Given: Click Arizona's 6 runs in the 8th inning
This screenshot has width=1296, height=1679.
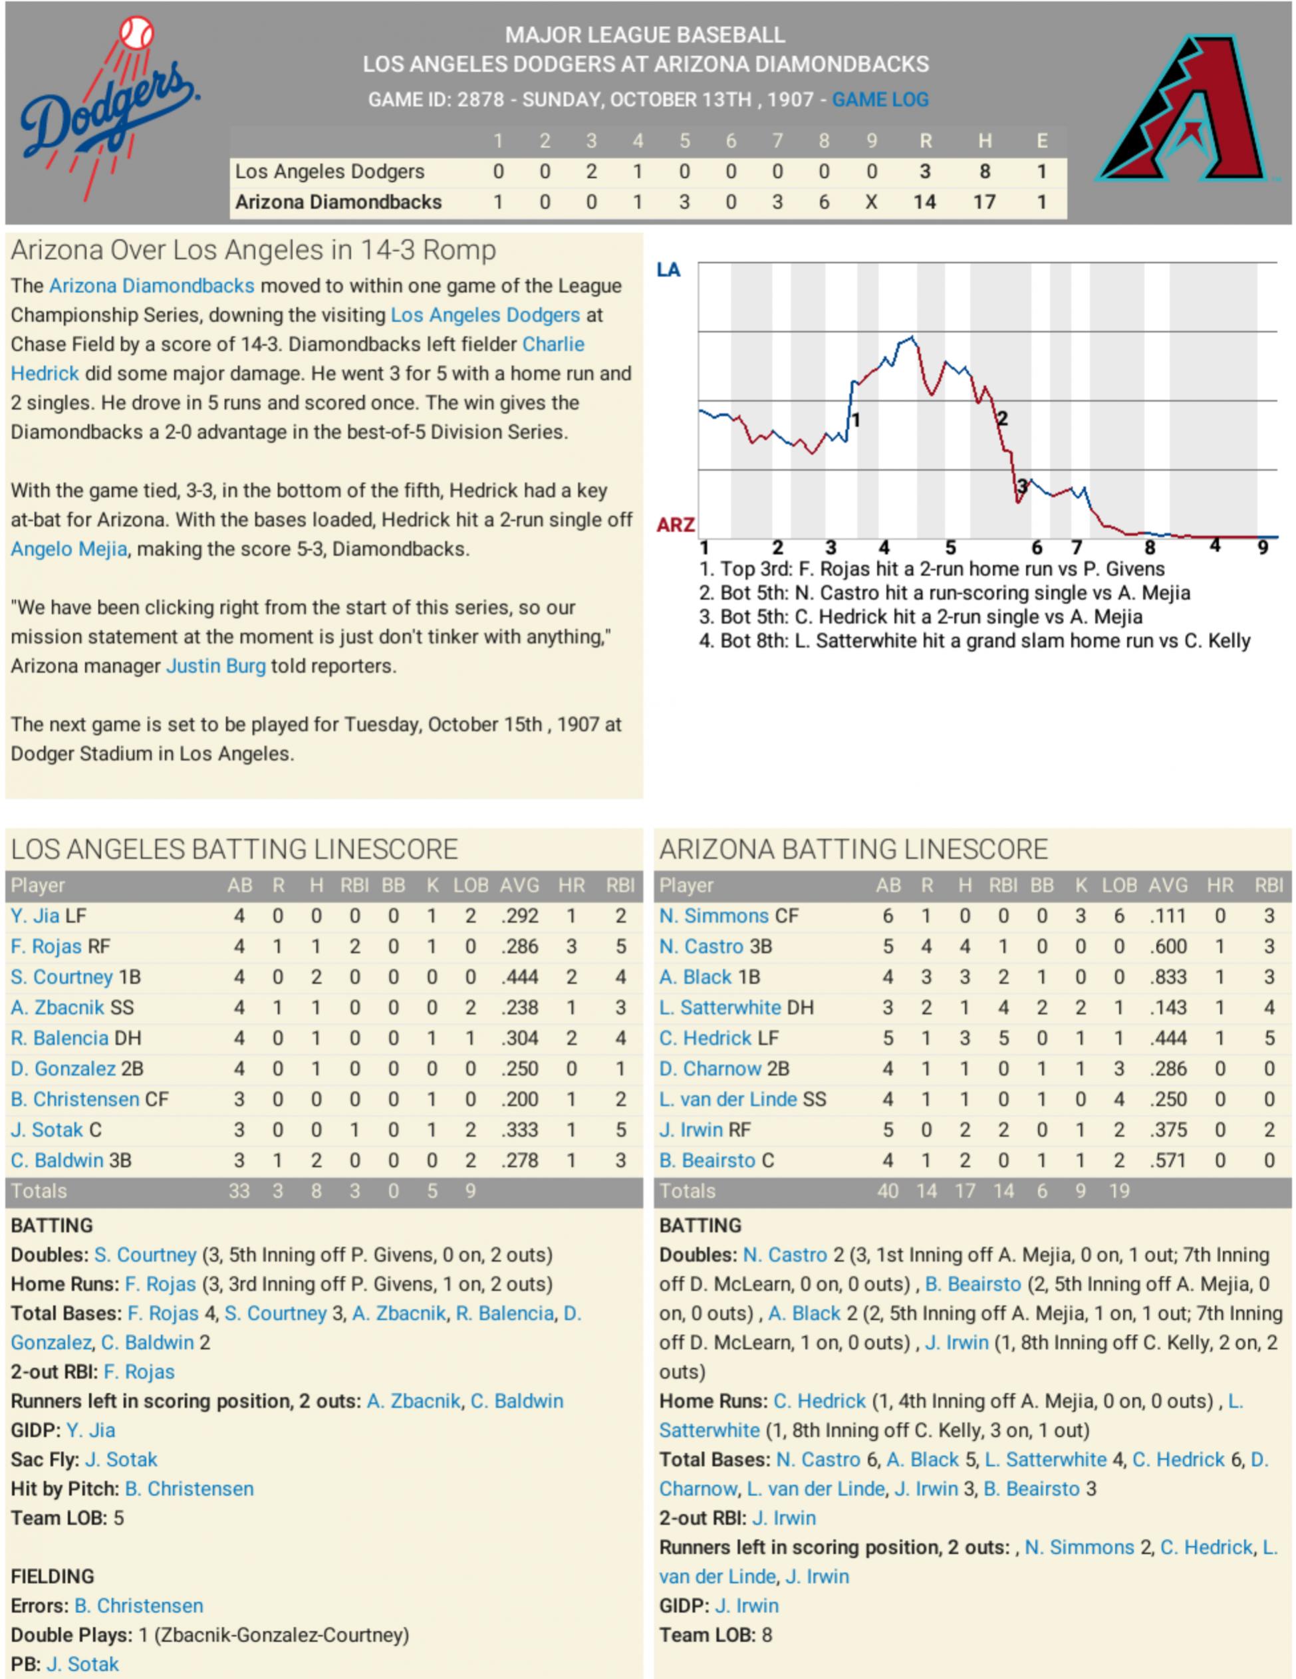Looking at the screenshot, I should (x=823, y=202).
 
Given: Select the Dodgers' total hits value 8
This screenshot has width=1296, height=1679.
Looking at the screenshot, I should (x=984, y=172).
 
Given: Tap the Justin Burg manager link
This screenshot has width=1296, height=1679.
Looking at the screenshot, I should (x=215, y=666).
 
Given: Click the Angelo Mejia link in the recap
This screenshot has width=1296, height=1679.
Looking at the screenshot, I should (x=68, y=549).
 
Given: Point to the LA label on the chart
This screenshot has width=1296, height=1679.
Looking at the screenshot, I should (x=668, y=270).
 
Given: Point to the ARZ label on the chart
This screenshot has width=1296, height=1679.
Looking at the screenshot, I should (x=675, y=525).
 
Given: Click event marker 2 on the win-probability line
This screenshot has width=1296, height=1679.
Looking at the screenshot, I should (x=1001, y=419).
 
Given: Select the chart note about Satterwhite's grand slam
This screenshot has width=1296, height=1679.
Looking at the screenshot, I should (x=974, y=640).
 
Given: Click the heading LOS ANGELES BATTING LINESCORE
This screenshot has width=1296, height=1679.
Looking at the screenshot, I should (x=235, y=850).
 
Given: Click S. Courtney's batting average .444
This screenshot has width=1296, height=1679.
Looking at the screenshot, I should (x=519, y=977).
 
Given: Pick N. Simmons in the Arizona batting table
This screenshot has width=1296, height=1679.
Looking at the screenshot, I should (x=713, y=916).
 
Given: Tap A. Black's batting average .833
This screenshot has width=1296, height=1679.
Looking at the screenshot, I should (x=1168, y=977).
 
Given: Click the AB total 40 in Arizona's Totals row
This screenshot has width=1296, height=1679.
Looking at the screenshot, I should (x=888, y=1191).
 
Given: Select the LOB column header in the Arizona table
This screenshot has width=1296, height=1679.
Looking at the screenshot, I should (x=1118, y=886).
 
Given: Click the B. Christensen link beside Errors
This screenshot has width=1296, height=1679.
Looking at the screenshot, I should (x=139, y=1606).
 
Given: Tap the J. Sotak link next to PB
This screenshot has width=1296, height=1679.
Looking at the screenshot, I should (x=82, y=1664).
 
